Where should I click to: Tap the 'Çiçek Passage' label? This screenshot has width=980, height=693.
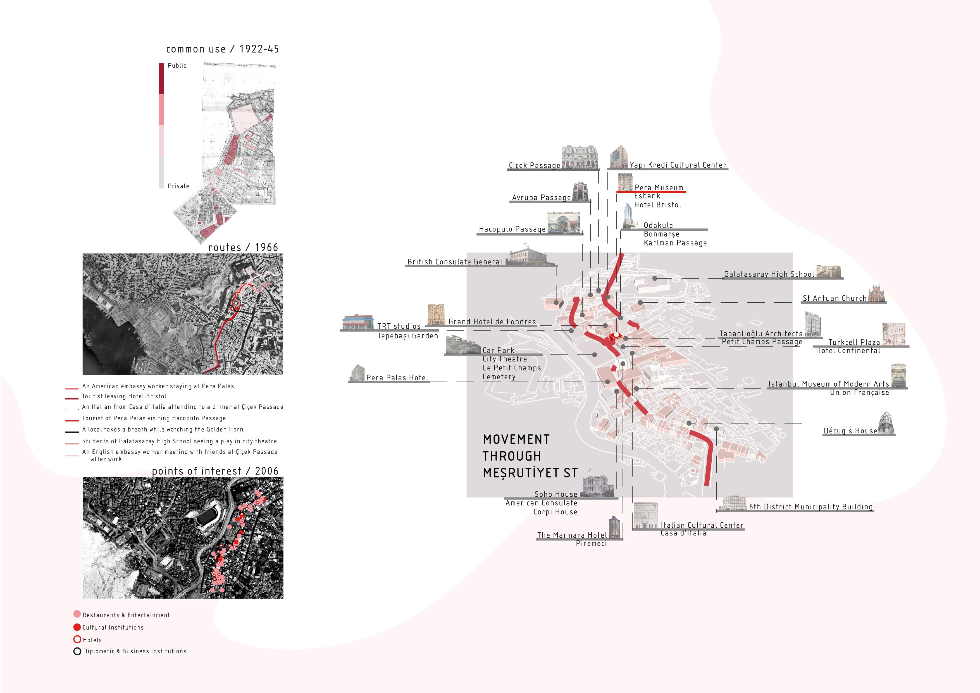[534, 165]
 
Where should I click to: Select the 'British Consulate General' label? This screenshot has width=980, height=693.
[455, 262]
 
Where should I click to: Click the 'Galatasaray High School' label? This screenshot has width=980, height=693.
[769, 274]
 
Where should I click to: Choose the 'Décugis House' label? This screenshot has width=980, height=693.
[850, 430]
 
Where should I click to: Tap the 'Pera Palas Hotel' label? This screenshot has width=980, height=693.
[397, 377]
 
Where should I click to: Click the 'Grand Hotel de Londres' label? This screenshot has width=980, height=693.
[492, 322]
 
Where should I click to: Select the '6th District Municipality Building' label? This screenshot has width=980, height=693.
[810, 506]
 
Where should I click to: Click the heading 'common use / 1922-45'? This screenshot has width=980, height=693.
[222, 49]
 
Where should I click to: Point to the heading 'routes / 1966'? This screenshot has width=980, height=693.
[243, 247]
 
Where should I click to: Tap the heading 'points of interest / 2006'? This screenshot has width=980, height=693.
[215, 471]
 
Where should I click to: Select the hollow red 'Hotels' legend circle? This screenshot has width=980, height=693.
[77, 639]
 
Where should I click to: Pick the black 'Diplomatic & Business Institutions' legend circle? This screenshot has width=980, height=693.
[77, 651]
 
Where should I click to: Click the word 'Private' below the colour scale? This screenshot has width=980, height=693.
[178, 186]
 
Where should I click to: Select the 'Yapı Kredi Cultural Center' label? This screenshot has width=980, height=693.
[677, 165]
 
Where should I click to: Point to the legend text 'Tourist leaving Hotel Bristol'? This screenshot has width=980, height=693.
[124, 396]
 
